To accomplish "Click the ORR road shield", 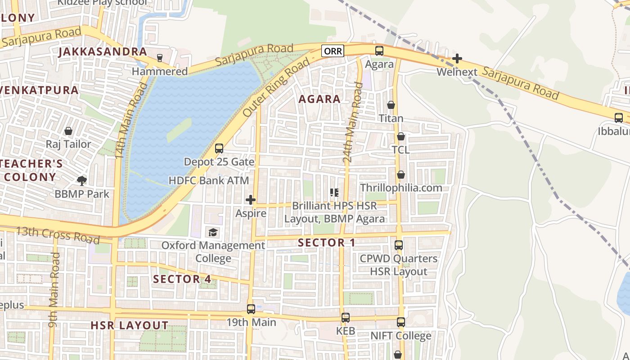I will pyautogui.click(x=333, y=51).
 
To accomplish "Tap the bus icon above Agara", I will pyautogui.click(x=379, y=51).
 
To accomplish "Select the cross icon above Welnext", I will pyautogui.click(x=457, y=58).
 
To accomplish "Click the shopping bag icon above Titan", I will pyautogui.click(x=391, y=105).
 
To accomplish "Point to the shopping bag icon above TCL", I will pyautogui.click(x=400, y=136).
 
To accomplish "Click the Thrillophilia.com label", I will pyautogui.click(x=401, y=188).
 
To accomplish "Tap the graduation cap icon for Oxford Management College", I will pyautogui.click(x=213, y=232).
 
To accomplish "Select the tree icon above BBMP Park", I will pyautogui.click(x=81, y=181).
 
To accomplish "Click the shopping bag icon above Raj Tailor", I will pyautogui.click(x=68, y=131).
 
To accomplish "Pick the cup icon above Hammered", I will pyautogui.click(x=159, y=58).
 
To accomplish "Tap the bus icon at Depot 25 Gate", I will pyautogui.click(x=219, y=148).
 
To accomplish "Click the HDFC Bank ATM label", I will pyautogui.click(x=208, y=180).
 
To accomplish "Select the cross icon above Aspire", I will pyautogui.click(x=251, y=200).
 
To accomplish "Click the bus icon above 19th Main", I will pyautogui.click(x=251, y=309).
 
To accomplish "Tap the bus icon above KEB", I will pyautogui.click(x=345, y=318).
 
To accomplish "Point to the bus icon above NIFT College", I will pyautogui.click(x=400, y=322).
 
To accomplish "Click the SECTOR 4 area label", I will pyautogui.click(x=182, y=279).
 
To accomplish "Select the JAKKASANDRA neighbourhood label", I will pyautogui.click(x=103, y=52).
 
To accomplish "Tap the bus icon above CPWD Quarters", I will pyautogui.click(x=398, y=245).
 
